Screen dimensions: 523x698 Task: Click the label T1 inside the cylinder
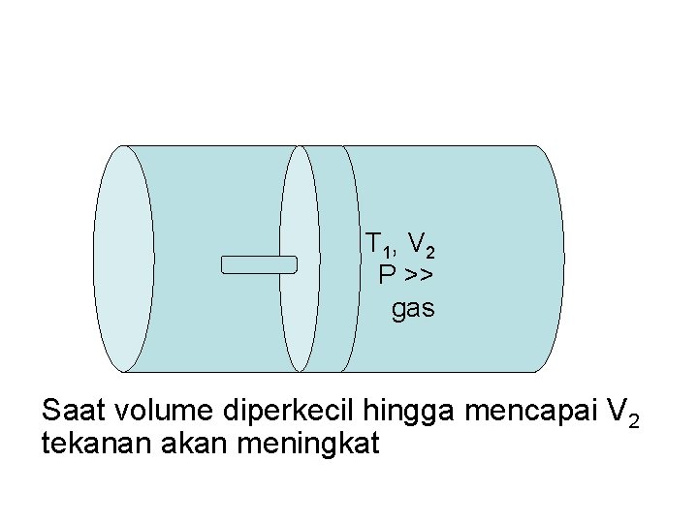coord(376,243)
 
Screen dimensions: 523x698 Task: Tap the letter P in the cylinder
coord(387,276)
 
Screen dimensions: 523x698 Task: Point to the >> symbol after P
coord(419,277)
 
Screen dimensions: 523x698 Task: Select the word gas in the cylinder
coord(413,309)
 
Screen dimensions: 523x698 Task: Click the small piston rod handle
coord(258,264)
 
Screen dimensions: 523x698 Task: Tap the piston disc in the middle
coord(301,259)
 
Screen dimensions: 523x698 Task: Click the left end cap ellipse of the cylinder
coord(124,259)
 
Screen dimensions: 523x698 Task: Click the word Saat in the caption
coord(75,411)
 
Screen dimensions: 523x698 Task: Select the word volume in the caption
coord(163,411)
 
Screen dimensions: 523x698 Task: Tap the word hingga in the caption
coord(408,413)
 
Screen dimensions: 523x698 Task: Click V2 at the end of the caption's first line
coord(621,413)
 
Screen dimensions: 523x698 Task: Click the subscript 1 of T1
coord(384,250)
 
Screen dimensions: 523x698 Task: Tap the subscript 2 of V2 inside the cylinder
coord(429,252)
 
